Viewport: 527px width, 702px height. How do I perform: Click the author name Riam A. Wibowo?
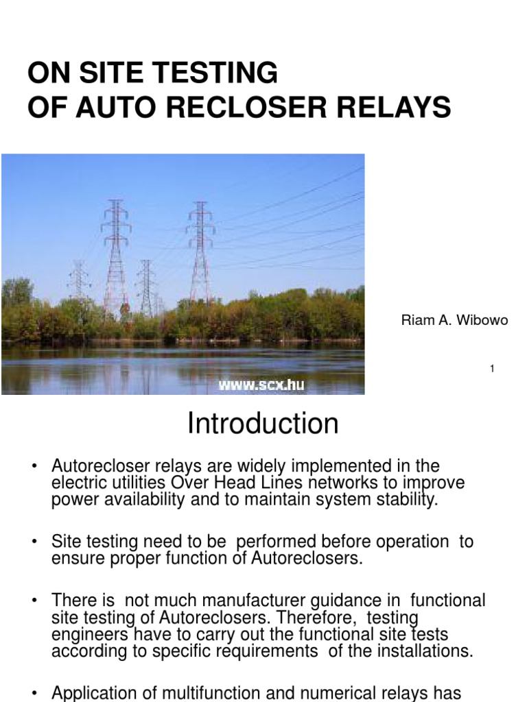point(454,321)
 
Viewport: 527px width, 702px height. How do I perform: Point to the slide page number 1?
point(493,369)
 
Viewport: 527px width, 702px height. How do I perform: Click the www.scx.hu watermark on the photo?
point(261,385)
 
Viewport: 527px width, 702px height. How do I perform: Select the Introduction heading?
point(263,424)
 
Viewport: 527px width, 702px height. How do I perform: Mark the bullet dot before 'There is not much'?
point(34,601)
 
